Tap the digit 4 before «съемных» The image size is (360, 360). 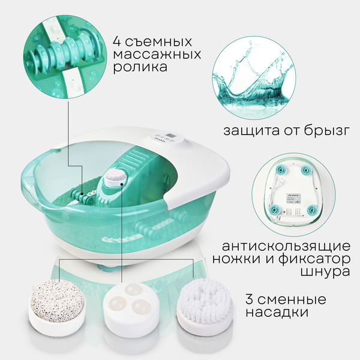coord(117,43)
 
